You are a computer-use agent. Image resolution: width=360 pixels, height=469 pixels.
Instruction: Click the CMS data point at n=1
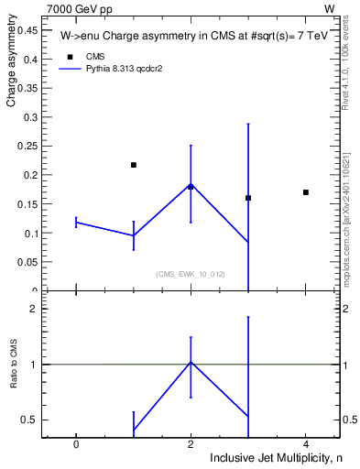point(134,165)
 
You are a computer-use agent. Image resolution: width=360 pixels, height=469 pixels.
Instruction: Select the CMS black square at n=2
point(191,187)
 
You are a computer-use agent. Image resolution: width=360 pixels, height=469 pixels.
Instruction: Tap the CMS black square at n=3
point(248,198)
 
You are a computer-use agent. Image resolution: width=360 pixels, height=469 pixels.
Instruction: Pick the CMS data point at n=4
point(306,192)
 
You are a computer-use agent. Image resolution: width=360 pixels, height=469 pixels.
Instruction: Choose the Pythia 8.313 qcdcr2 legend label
point(124,69)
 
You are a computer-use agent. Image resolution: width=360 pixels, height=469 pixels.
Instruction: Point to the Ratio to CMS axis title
point(14,364)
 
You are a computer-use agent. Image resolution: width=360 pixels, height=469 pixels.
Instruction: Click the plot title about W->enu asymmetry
point(187,38)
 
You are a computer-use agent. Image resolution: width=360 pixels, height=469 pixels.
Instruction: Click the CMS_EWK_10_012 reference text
point(191,274)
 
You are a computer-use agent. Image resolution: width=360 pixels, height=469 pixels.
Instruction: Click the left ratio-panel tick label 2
point(32,309)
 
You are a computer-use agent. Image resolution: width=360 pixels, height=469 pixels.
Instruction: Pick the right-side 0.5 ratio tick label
point(349,420)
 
